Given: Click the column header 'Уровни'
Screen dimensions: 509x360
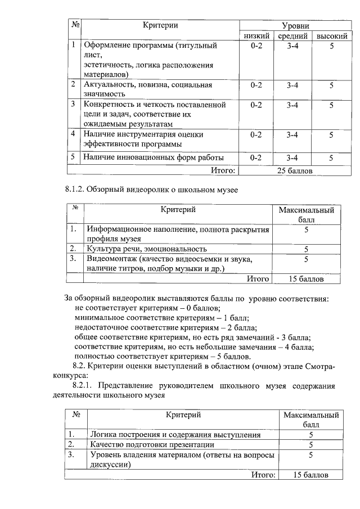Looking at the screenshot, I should (x=295, y=26).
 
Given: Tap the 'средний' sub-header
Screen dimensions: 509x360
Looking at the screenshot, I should (x=292, y=36).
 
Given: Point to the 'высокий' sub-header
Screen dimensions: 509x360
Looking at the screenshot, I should (x=331, y=36).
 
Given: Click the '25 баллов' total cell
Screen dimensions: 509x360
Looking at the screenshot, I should (x=295, y=170).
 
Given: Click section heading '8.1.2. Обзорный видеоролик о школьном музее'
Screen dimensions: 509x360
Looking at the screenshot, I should (x=151, y=190).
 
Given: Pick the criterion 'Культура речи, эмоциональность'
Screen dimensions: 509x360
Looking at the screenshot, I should (x=146, y=248).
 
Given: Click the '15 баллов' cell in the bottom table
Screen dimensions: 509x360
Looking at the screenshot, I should (x=311, y=475).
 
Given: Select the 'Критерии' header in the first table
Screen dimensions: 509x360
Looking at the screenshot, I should (x=160, y=25).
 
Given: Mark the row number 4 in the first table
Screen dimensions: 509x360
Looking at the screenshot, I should (x=73, y=134).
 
